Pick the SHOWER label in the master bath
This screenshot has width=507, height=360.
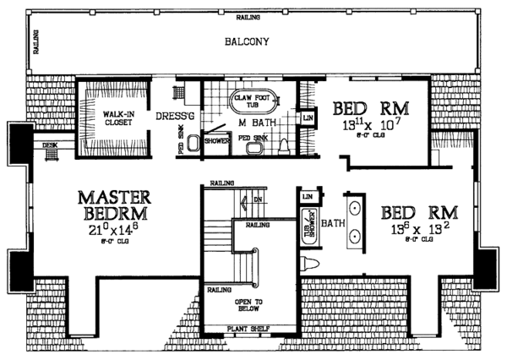216,142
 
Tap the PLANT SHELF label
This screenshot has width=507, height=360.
251,331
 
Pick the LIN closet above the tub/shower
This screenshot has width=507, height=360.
306,197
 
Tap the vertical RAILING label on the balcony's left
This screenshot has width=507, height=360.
36,41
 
